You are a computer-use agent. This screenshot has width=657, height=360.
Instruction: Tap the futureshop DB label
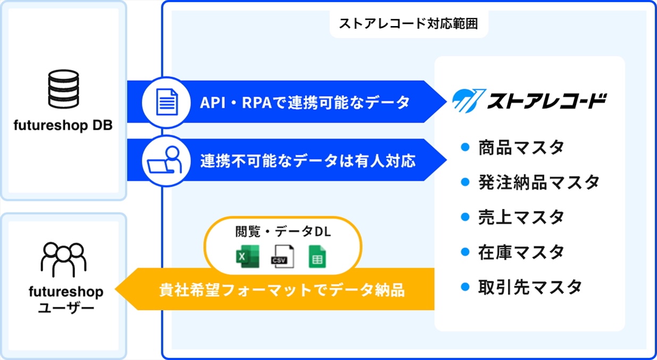(x=63, y=127)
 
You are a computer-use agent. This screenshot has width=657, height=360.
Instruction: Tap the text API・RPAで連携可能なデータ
(x=305, y=102)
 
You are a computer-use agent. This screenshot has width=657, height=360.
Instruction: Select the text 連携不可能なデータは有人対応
(x=308, y=160)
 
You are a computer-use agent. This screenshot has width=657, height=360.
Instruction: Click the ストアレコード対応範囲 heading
(x=409, y=24)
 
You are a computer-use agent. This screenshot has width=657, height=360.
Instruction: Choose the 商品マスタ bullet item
(x=520, y=147)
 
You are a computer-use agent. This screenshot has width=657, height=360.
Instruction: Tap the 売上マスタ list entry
(x=520, y=217)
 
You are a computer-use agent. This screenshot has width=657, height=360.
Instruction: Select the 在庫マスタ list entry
(x=520, y=252)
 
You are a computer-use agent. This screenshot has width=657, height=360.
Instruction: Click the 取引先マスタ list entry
(x=529, y=287)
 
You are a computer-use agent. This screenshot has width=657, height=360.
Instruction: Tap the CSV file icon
(x=282, y=257)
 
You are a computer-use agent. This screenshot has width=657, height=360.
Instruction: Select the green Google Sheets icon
(x=317, y=257)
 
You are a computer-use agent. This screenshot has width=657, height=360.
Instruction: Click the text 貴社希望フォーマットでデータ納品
(x=282, y=290)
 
